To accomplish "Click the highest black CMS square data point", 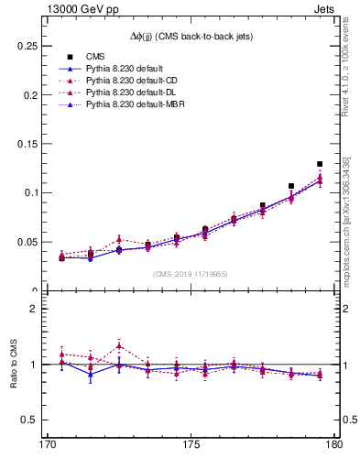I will point(320,164).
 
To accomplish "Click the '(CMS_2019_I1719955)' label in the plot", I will point(191,273).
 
